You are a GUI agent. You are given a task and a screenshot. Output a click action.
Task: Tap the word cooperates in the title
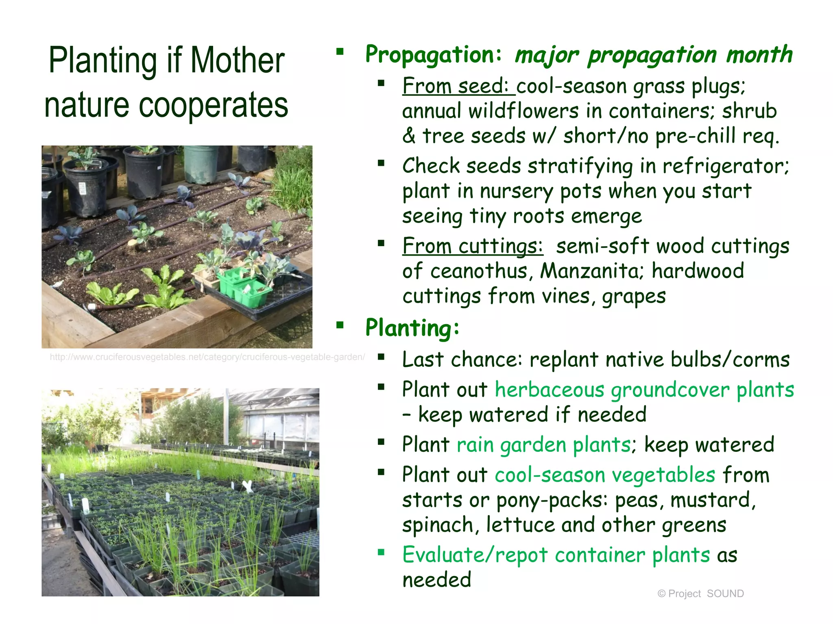tap(213, 105)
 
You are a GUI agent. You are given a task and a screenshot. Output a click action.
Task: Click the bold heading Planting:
tap(412, 328)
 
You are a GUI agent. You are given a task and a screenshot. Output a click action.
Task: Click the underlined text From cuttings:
tap(473, 246)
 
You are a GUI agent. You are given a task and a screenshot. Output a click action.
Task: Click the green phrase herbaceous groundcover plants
tap(644, 390)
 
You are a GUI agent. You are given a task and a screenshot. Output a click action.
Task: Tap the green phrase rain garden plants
tap(544, 444)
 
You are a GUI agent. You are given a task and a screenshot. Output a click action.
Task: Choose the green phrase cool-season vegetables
tap(605, 475)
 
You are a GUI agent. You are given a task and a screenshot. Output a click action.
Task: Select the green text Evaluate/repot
tap(475, 555)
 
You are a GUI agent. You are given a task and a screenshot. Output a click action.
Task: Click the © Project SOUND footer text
tap(700, 594)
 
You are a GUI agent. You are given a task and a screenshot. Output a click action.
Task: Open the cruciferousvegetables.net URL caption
tap(207, 357)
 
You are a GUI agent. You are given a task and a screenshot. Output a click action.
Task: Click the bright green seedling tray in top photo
tap(244, 286)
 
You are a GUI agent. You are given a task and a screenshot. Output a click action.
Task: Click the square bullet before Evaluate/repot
tap(381, 552)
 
